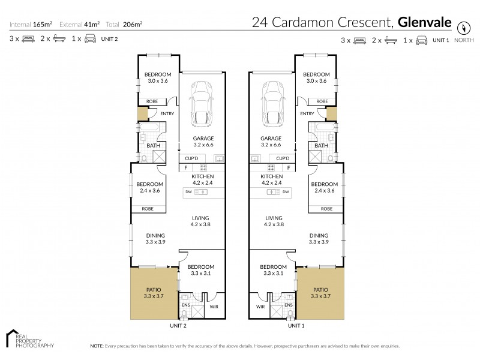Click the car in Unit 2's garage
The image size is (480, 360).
[x=202, y=104]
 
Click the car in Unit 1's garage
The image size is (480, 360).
[x=274, y=104]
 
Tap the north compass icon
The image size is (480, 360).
[x=463, y=28]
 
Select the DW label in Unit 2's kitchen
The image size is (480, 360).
[x=188, y=192]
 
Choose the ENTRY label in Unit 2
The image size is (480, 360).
[x=166, y=114]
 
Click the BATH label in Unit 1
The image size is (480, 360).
[x=322, y=145]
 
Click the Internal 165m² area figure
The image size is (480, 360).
[x=30, y=25]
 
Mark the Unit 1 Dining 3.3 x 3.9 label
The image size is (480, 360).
[x=319, y=238]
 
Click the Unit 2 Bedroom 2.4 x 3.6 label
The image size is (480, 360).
[x=149, y=187]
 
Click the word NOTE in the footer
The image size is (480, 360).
[x=97, y=346]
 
